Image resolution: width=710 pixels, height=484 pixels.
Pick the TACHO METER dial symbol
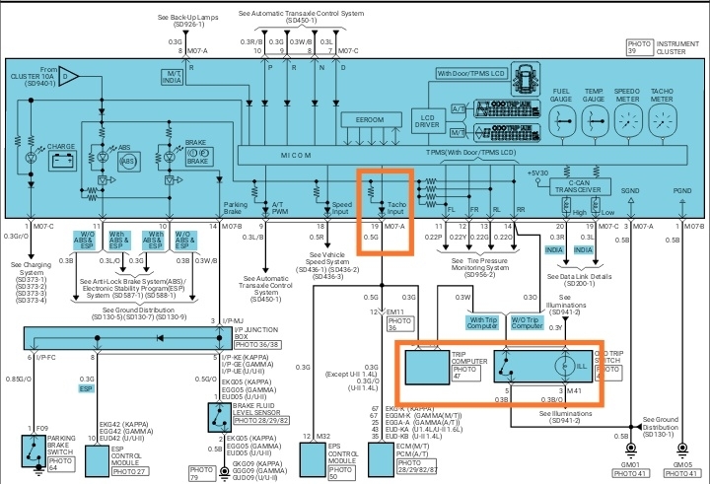point(663,123)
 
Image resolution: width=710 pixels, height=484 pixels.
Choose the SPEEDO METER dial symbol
point(630,123)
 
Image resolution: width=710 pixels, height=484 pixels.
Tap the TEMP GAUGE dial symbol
point(596,123)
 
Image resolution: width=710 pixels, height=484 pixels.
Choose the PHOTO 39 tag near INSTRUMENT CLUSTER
point(641,44)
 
